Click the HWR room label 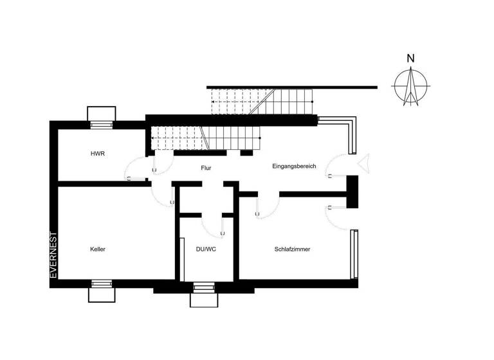pos(98,154)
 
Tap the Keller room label pos(98,249)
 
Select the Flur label pos(206,168)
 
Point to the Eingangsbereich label pos(295,166)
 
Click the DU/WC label pos(206,249)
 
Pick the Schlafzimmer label pos(293,249)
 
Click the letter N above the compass pos(410,59)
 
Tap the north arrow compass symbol pos(410,85)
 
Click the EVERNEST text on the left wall pos(54,255)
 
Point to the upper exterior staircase pos(264,101)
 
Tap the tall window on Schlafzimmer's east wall pos(352,254)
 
